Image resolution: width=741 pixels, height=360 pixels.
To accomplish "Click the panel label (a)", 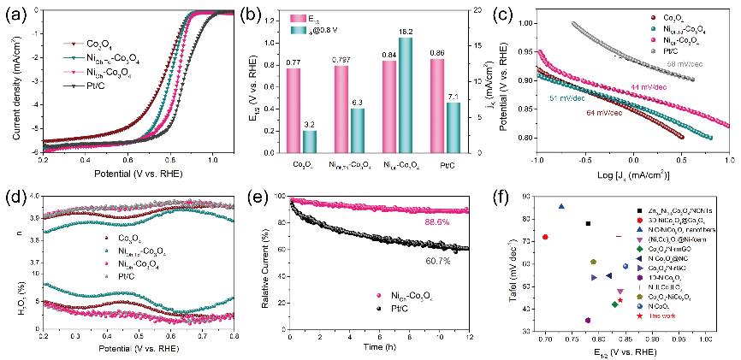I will click(10, 11).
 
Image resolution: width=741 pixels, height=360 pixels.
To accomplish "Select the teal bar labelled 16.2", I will click(406, 93).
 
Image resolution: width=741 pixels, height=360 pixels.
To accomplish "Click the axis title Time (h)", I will click(381, 350).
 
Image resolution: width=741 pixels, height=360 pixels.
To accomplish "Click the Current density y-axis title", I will click(10, 82).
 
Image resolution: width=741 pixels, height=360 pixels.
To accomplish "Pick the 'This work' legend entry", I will click(667, 316).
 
